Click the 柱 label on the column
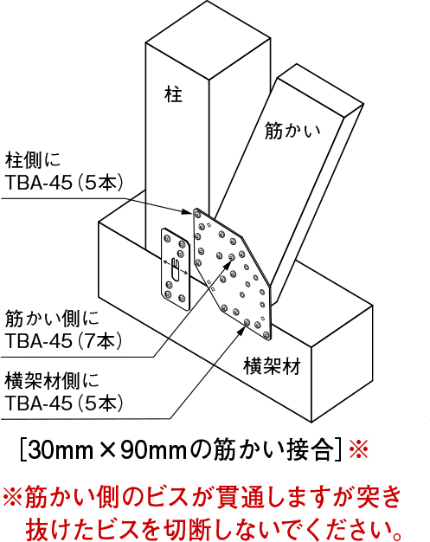(173, 94)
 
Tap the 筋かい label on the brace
(292, 131)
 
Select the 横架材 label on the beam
(273, 366)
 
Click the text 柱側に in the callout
(33, 160)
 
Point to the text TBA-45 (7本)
(64, 341)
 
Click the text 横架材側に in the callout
(52, 381)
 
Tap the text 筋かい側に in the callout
(52, 319)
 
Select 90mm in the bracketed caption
(153, 449)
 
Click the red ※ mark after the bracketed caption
(358, 448)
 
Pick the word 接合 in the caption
(311, 449)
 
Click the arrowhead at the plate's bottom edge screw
(241, 329)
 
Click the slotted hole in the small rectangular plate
(175, 268)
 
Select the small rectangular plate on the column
(176, 268)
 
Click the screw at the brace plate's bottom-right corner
(266, 334)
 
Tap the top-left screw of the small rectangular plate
(168, 238)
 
